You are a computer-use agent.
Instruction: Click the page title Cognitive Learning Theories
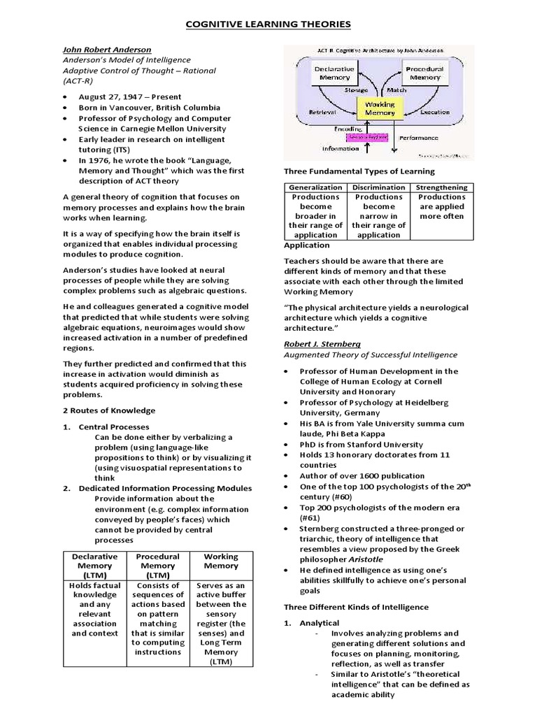point(268,25)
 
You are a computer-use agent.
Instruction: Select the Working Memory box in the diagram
point(380,109)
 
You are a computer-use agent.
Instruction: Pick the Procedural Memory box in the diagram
point(425,74)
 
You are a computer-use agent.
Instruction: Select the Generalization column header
point(315,187)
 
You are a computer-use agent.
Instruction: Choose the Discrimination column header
point(378,187)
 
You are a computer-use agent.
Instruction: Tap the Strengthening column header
point(441,187)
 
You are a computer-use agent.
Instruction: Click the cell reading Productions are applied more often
point(441,206)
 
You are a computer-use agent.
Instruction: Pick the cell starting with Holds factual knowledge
point(95,609)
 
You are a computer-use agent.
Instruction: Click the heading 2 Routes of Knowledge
point(109,410)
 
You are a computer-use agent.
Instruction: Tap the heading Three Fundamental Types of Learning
point(359,171)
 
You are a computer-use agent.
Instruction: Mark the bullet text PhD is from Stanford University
point(361,444)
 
